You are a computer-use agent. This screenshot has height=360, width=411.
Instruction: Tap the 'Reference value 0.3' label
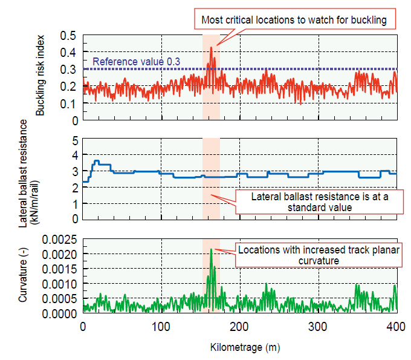tap(137, 62)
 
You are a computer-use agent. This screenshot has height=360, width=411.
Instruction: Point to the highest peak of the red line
tap(211, 48)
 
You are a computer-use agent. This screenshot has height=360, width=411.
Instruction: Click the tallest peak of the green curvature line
tap(211, 249)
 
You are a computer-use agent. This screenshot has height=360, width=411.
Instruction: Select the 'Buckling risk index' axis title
tap(40, 77)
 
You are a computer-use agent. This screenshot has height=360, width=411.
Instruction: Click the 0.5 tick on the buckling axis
tap(71, 35)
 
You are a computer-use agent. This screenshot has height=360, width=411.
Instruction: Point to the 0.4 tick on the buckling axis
tap(71, 52)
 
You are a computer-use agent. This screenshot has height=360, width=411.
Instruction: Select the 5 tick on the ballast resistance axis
tap(76, 140)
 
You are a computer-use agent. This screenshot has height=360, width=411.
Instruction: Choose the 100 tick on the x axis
tap(161, 326)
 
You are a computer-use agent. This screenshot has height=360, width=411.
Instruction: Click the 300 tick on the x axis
tap(319, 326)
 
